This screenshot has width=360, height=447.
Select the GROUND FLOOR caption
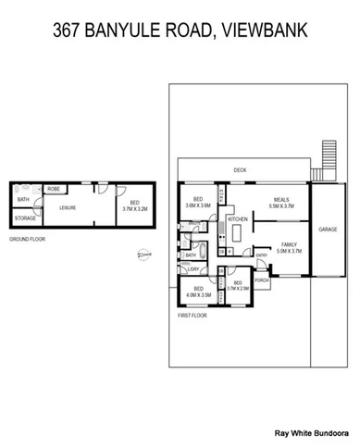click(27, 239)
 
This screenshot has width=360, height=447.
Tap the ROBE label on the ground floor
click(54, 189)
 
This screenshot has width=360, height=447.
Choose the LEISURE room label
click(68, 208)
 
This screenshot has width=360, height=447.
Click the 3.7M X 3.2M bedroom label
click(134, 206)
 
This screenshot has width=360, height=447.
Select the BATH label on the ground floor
click(22, 198)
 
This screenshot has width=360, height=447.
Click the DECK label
click(240, 169)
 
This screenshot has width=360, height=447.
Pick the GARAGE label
click(328, 228)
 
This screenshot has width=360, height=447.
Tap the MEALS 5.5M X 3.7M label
click(280, 203)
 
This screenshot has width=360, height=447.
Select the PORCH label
click(261, 279)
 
